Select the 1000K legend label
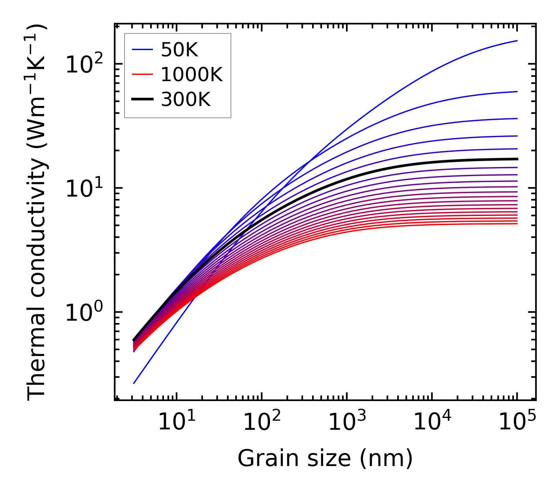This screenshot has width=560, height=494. click(192, 74)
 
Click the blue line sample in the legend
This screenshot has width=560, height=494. click(142, 50)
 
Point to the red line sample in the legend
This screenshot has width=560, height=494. click(142, 74)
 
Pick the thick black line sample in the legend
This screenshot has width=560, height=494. click(142, 100)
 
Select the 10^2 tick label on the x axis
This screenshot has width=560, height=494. click(261, 422)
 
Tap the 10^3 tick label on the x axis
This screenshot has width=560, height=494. click(346, 422)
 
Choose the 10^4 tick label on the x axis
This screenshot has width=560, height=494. click(431, 422)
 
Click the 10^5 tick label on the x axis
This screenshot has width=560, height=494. click(517, 422)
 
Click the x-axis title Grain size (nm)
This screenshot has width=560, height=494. click(325, 459)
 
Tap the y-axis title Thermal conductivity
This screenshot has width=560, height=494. click(37, 212)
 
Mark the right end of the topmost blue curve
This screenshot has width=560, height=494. click(517, 41)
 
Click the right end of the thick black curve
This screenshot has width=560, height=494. click(517, 159)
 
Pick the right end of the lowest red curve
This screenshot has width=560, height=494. click(517, 224)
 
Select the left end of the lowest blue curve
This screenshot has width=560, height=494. click(134, 383)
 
